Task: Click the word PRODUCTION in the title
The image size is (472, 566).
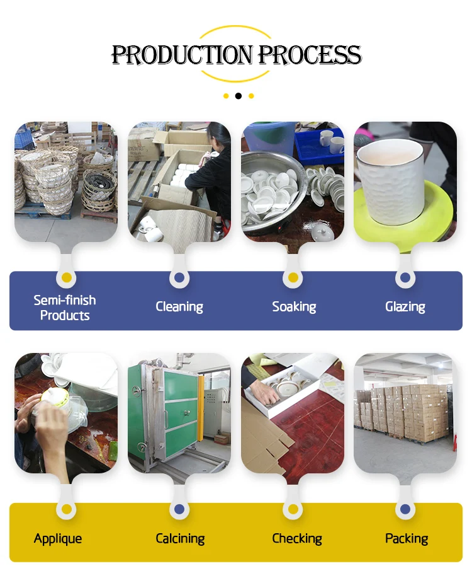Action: pyautogui.click(x=183, y=55)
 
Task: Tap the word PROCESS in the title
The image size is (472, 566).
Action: pyautogui.click(x=310, y=55)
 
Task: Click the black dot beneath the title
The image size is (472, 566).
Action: pyautogui.click(x=238, y=96)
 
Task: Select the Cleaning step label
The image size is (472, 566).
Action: pyautogui.click(x=179, y=307)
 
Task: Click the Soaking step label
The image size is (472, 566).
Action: pyautogui.click(x=294, y=307)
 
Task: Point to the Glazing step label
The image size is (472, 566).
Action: pyautogui.click(x=405, y=307)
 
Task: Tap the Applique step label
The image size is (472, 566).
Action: pyautogui.click(x=58, y=538)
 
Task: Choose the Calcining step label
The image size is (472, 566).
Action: pyautogui.click(x=180, y=538)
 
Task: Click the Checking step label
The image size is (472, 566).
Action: pyautogui.click(x=297, y=538)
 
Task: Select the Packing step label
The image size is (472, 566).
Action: pyautogui.click(x=407, y=538)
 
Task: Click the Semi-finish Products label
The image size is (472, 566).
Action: pyautogui.click(x=65, y=308)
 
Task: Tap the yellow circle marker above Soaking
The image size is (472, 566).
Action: pyautogui.click(x=293, y=277)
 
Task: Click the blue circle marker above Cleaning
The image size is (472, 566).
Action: pyautogui.click(x=179, y=277)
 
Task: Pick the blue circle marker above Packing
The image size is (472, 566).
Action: pyautogui.click(x=405, y=509)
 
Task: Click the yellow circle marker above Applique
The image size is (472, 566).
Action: pyautogui.click(x=67, y=509)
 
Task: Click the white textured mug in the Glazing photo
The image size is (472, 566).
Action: pyautogui.click(x=390, y=180)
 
